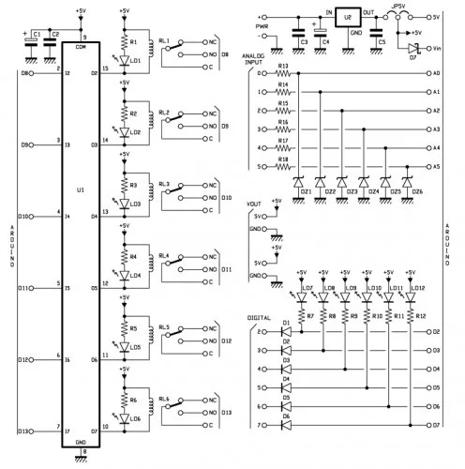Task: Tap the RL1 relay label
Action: point(164,40)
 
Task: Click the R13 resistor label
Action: point(283,66)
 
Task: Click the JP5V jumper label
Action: point(398,7)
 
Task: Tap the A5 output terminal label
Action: point(437,166)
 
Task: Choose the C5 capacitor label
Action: point(380,42)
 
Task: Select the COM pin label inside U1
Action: point(82,46)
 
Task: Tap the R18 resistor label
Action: point(283,159)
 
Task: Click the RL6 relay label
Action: point(164,399)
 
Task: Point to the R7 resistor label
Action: point(308,316)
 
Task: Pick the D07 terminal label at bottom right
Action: point(437,425)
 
